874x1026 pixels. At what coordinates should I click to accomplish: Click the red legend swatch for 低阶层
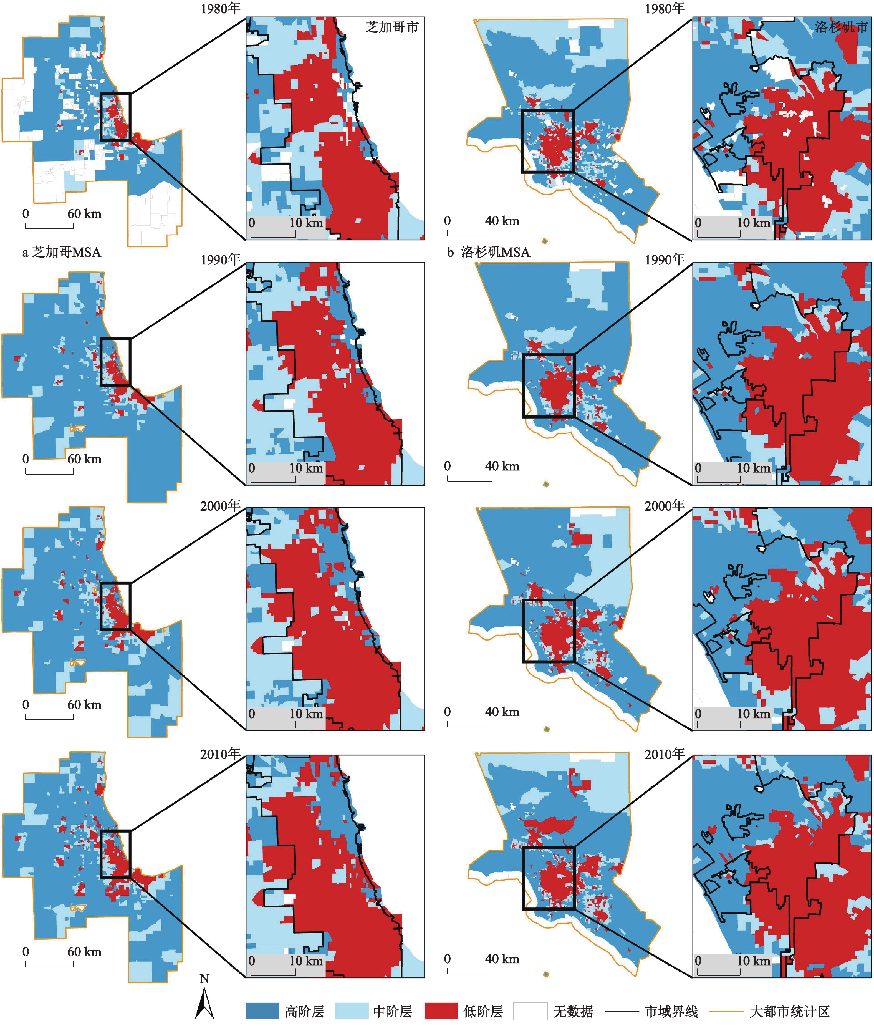point(441,1011)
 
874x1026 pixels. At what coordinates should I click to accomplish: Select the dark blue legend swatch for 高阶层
point(262,1011)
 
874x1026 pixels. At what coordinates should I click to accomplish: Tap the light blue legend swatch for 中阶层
point(352,1011)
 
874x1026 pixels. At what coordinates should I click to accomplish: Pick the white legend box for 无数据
point(530,1011)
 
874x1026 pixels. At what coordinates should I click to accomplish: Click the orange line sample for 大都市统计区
point(726,1011)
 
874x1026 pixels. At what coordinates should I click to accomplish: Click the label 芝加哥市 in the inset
point(392,27)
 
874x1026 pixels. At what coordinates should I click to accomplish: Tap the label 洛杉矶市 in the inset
point(841,27)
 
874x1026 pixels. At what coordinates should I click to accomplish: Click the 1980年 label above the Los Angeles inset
point(665,8)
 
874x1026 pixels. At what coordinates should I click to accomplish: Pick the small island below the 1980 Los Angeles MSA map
point(545,241)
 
